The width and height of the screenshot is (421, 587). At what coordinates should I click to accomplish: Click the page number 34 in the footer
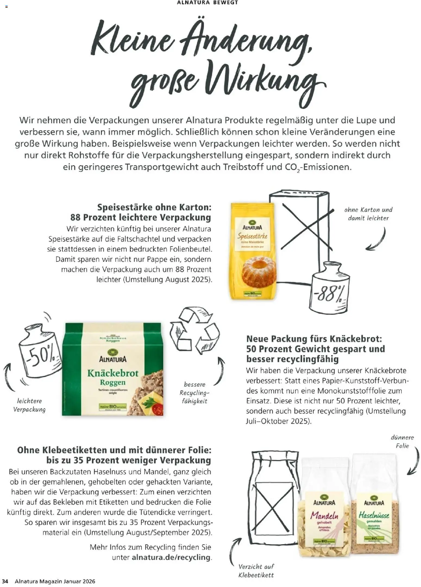5,581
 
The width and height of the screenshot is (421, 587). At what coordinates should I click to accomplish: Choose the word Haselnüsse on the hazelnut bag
374,515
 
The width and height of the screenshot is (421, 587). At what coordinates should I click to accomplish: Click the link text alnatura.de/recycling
171,557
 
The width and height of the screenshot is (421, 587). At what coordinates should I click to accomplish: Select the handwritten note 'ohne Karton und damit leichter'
368,214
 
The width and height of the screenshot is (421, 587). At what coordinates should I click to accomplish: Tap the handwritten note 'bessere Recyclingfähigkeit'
194,393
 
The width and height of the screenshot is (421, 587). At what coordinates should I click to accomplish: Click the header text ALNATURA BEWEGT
207,3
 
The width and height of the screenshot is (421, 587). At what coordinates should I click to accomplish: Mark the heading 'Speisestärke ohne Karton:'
154,207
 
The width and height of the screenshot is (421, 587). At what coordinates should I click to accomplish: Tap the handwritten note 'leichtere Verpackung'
30,405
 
